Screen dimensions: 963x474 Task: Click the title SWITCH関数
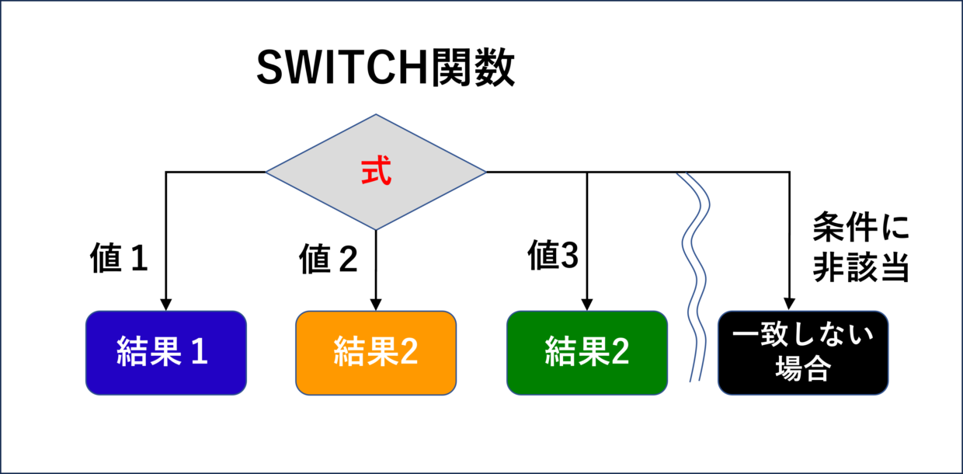[x=385, y=67]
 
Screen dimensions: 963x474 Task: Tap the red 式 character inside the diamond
[x=376, y=170]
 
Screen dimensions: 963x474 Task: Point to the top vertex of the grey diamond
[x=376, y=114]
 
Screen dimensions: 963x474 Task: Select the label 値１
[x=119, y=258]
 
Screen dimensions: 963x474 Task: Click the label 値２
[x=329, y=258]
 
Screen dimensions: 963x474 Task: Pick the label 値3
[x=553, y=255]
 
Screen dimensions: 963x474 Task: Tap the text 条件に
[x=860, y=227]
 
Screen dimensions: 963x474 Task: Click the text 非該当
[x=860, y=267]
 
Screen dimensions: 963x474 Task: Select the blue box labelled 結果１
[x=166, y=353]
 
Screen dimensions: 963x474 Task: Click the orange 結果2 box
[x=376, y=353]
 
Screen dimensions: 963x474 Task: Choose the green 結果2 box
[x=587, y=353]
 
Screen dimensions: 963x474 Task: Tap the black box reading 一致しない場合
[x=803, y=353]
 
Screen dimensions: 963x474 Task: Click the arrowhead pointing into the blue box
[x=166, y=305]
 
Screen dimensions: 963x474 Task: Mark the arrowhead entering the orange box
[x=376, y=305]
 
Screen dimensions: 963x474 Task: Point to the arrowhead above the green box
[x=587, y=305]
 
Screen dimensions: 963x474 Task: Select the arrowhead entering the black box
[x=789, y=304]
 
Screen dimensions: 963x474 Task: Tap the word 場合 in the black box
[x=802, y=368]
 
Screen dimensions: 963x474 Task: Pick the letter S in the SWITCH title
[x=269, y=68]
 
